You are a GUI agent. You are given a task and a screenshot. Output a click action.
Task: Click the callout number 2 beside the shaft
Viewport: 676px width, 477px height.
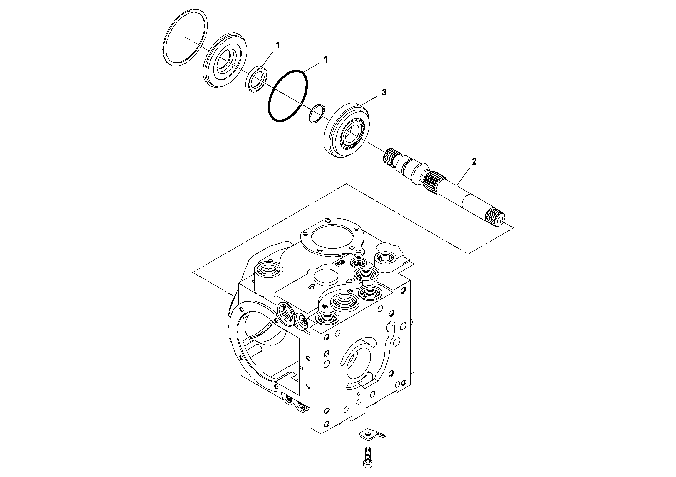(x=474, y=161)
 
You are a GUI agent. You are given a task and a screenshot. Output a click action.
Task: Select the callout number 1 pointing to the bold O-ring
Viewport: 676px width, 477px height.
(x=325, y=60)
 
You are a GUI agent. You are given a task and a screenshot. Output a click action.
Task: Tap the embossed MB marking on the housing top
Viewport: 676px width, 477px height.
(x=339, y=263)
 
